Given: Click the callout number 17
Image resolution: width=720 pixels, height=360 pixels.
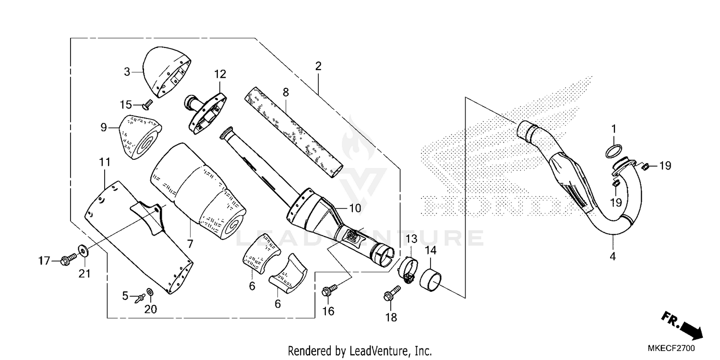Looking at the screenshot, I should pyautogui.click(x=45, y=261).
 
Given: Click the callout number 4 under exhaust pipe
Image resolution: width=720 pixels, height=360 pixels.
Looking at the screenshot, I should pyautogui.click(x=612, y=257).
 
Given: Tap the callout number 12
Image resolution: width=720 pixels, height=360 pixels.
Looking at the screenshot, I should pyautogui.click(x=219, y=74).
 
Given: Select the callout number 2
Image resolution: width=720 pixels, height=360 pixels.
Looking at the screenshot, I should pyautogui.click(x=317, y=66).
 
